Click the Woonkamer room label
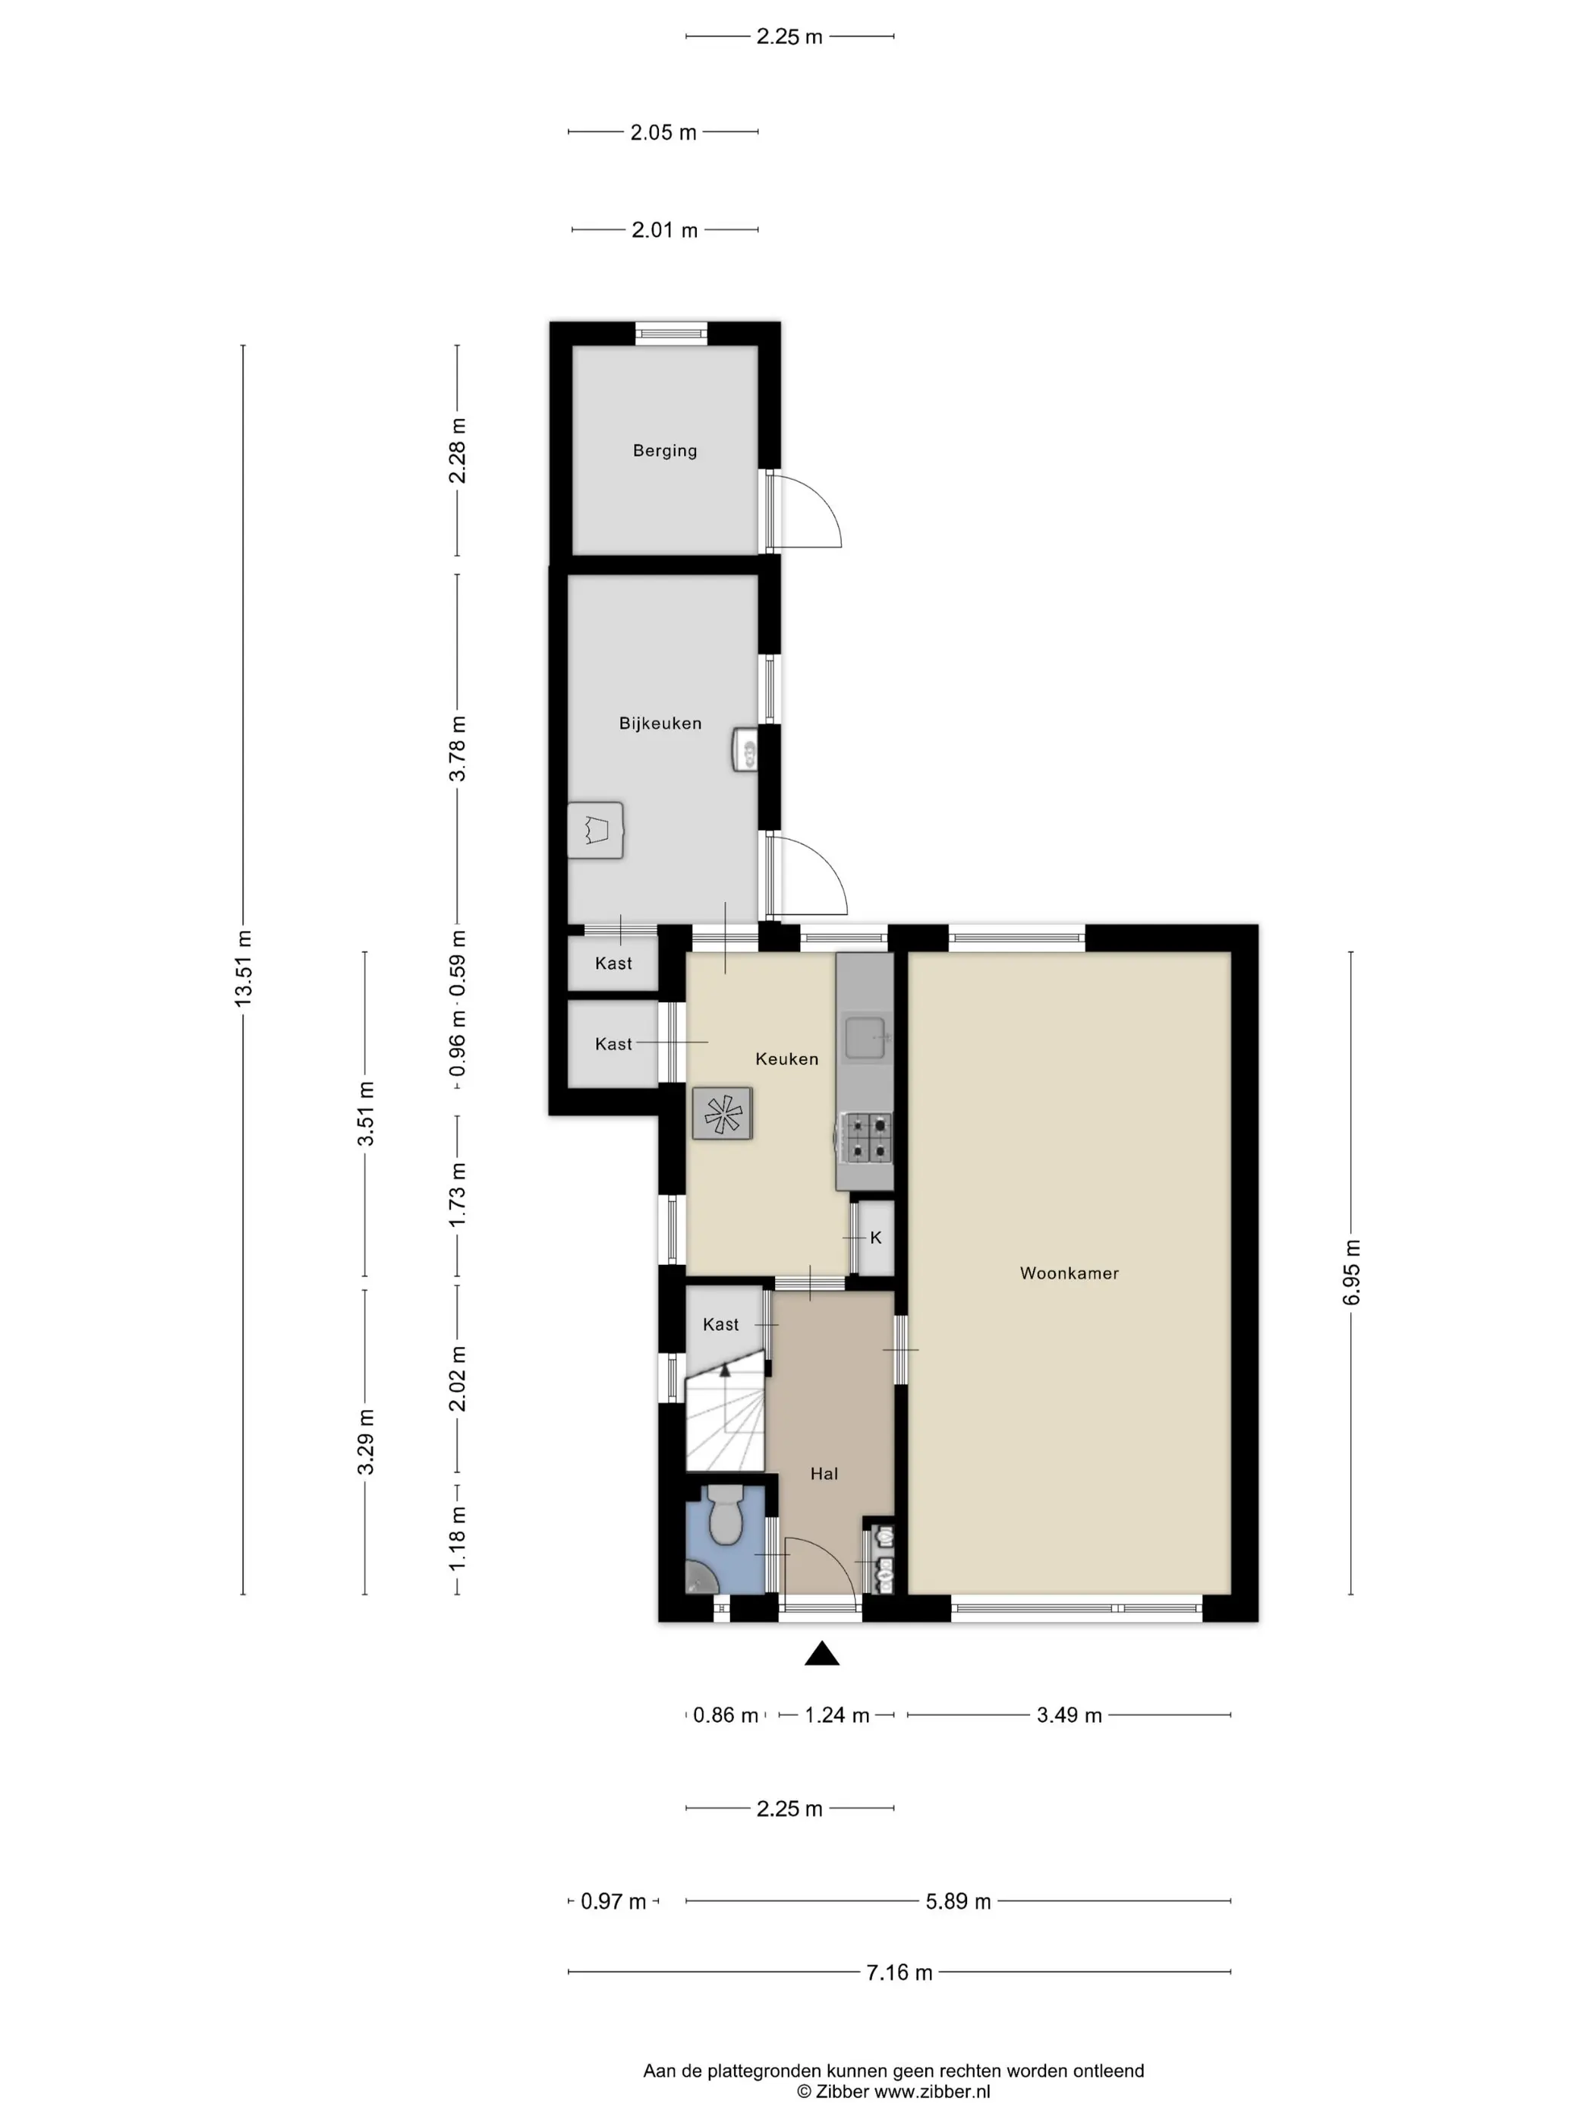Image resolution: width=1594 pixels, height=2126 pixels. (1069, 1273)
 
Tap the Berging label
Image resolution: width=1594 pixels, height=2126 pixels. (664, 451)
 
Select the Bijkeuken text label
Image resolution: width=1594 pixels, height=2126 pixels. (660, 724)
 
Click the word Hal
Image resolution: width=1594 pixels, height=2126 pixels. (824, 1474)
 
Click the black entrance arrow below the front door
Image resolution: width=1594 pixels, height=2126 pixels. (821, 1653)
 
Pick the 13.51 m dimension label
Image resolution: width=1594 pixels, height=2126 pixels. (243, 969)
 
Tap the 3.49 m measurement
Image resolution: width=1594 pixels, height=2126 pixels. (1069, 1714)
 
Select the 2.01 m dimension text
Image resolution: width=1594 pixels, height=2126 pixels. (664, 230)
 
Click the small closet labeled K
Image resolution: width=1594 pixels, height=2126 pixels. (875, 1238)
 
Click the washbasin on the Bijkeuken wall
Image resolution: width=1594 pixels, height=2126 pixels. (745, 749)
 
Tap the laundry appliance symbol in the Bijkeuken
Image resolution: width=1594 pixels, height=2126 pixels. (596, 829)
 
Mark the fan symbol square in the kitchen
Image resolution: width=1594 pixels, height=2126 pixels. (722, 1113)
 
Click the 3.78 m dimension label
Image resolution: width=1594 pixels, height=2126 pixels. (458, 749)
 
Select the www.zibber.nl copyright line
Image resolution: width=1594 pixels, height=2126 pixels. (893, 2091)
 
